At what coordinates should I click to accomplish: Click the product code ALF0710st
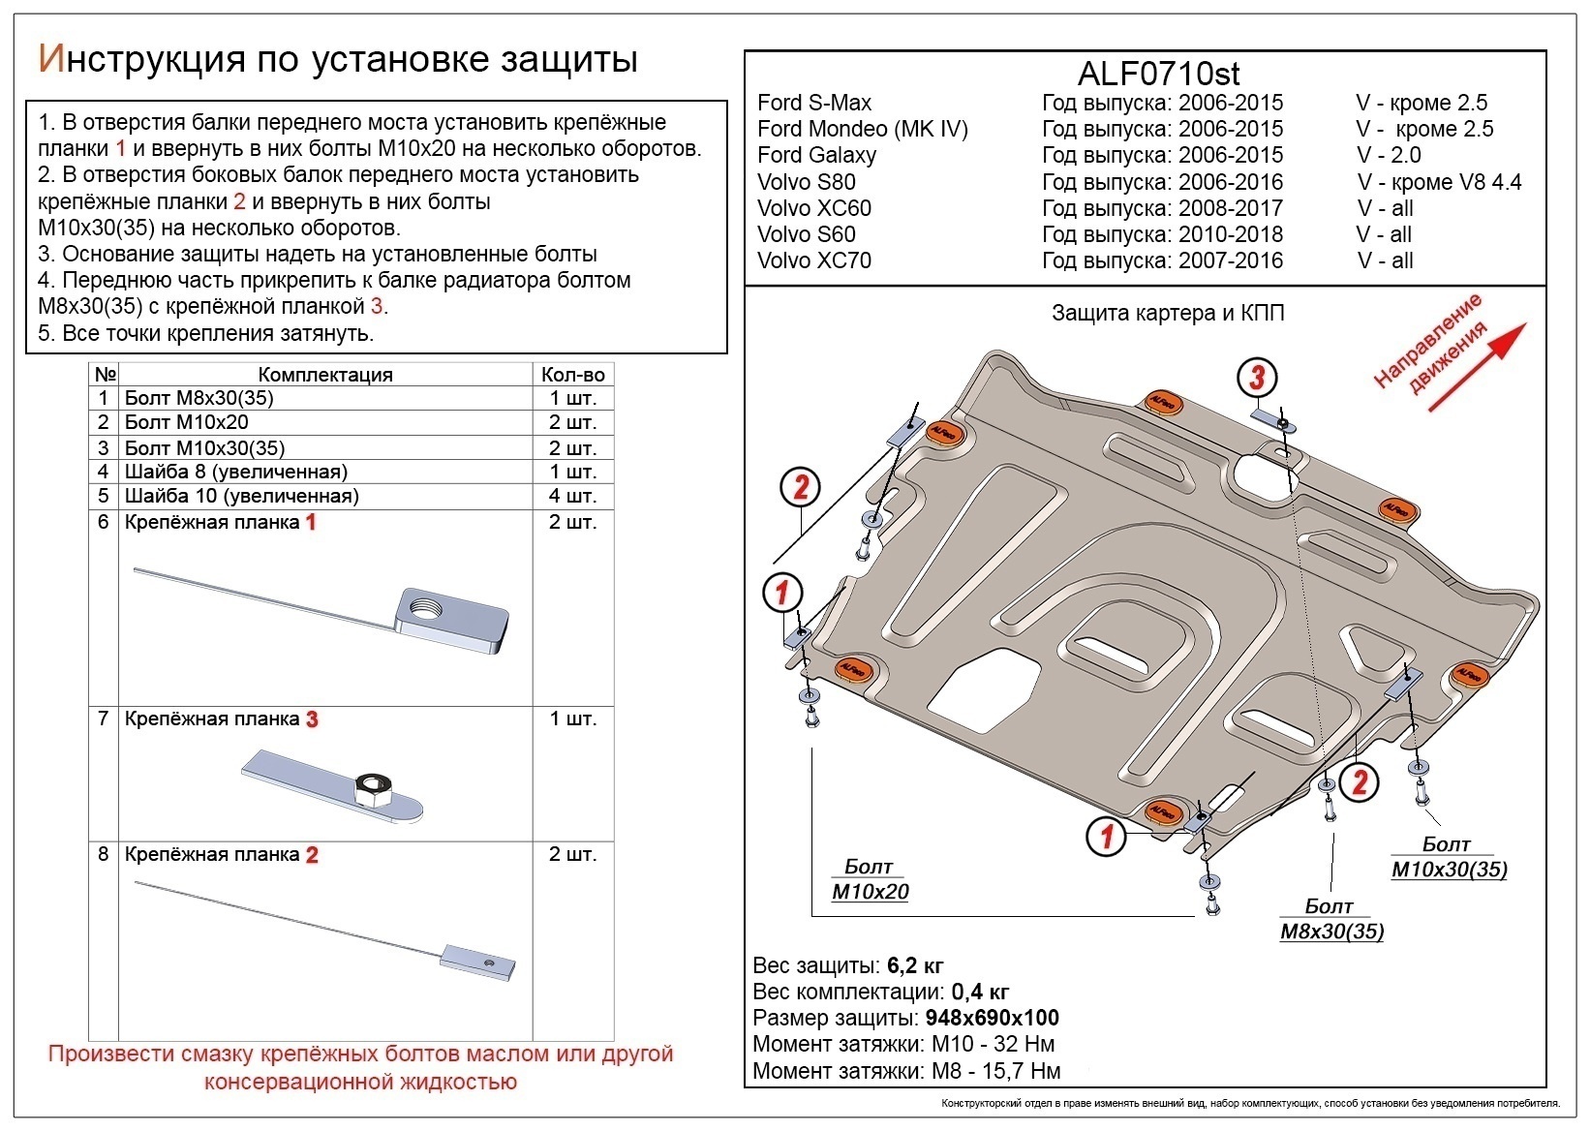pyautogui.click(x=1158, y=74)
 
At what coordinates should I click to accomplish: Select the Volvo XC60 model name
pyautogui.click(x=813, y=208)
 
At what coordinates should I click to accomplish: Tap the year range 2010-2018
pyautogui.click(x=1230, y=234)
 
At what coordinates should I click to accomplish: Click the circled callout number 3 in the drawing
pyautogui.click(x=1256, y=378)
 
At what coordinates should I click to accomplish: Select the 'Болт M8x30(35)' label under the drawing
pyautogui.click(x=1331, y=920)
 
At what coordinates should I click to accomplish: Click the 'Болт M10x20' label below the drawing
pyautogui.click(x=870, y=879)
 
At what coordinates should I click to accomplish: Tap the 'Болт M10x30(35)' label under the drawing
pyautogui.click(x=1449, y=857)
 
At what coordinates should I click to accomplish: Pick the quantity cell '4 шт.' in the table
pyautogui.click(x=573, y=496)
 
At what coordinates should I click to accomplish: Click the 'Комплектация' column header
pyautogui.click(x=325, y=375)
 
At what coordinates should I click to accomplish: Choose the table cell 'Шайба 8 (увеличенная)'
pyautogui.click(x=235, y=472)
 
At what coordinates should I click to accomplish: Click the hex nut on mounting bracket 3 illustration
pyautogui.click(x=372, y=791)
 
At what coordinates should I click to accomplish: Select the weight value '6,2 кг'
pyautogui.click(x=914, y=965)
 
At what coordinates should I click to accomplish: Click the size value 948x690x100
pyautogui.click(x=992, y=1018)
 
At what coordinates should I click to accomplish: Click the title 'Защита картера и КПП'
pyautogui.click(x=1167, y=313)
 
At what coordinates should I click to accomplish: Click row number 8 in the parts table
pyautogui.click(x=103, y=855)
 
